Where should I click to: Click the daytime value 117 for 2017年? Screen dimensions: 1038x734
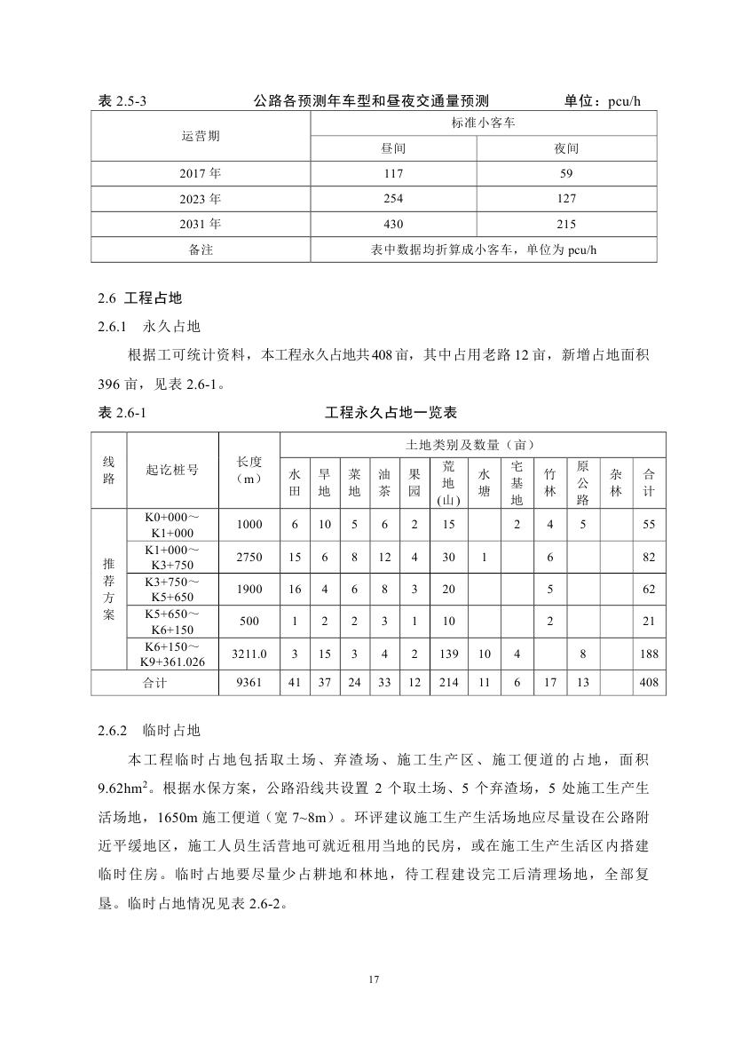click(x=393, y=174)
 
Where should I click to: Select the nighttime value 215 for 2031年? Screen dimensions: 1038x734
click(x=566, y=224)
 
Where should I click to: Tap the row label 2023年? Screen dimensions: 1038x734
click(x=201, y=199)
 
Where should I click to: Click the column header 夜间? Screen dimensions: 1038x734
click(x=566, y=149)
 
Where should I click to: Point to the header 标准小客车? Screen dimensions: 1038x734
click(x=483, y=124)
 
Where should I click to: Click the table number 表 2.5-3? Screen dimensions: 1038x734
click(x=122, y=101)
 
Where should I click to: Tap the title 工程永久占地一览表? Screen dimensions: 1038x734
click(x=391, y=414)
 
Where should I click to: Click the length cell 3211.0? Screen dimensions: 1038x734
click(x=249, y=654)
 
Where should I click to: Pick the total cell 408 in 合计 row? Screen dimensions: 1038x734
click(x=649, y=683)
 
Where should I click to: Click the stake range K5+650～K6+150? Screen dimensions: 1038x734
click(x=172, y=622)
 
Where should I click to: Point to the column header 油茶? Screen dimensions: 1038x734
click(x=384, y=483)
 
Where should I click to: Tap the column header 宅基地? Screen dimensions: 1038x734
click(x=517, y=483)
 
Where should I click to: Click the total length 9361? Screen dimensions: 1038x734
click(x=249, y=683)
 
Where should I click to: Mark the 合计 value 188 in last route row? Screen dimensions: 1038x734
click(x=649, y=654)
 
